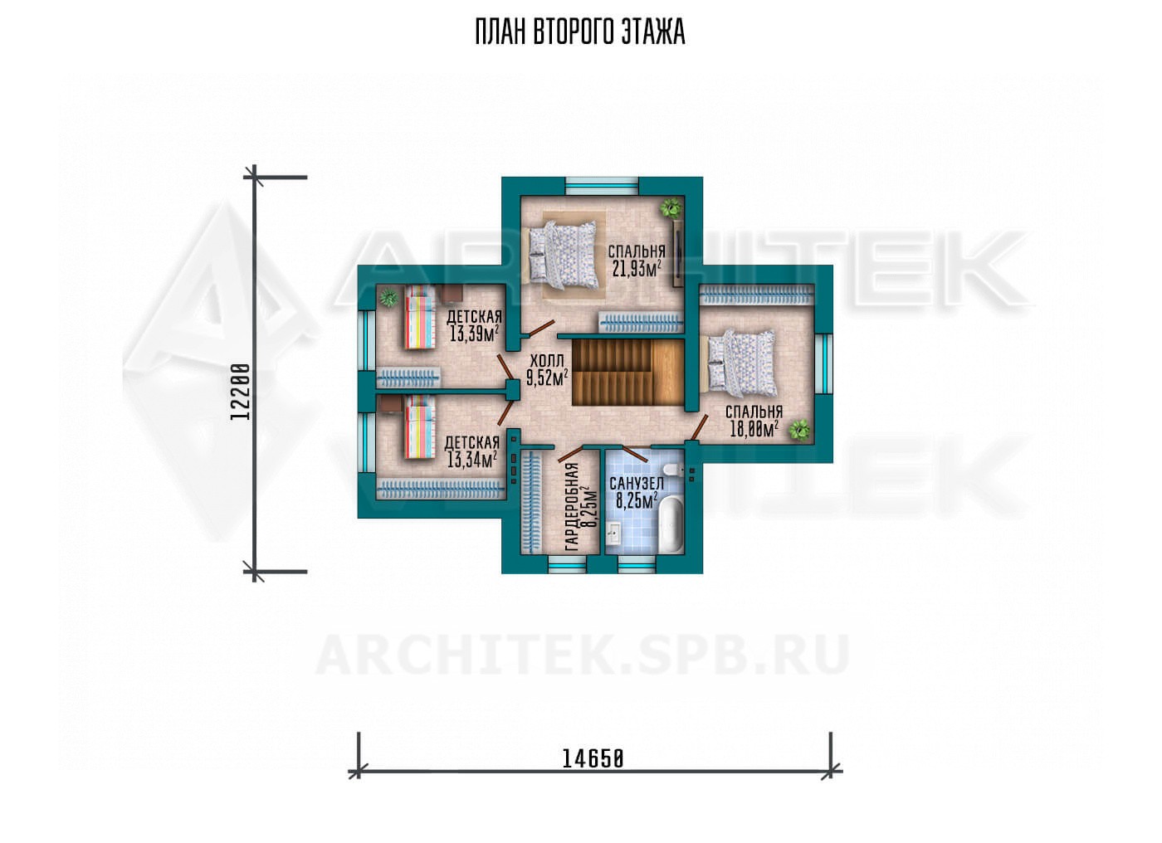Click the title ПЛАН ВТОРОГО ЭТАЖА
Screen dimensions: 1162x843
580,32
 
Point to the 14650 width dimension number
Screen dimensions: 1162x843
593,759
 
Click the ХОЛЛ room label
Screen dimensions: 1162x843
546,360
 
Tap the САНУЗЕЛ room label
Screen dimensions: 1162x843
637,484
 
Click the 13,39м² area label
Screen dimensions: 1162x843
474,334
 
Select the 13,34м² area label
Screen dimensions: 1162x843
472,460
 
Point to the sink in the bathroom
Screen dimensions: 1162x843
613,534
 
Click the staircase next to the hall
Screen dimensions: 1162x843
627,372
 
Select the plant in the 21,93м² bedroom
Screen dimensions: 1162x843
671,208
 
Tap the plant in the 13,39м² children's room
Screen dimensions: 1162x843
388,298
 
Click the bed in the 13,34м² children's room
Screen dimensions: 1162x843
418,427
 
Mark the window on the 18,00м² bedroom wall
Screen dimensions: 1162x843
823,363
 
